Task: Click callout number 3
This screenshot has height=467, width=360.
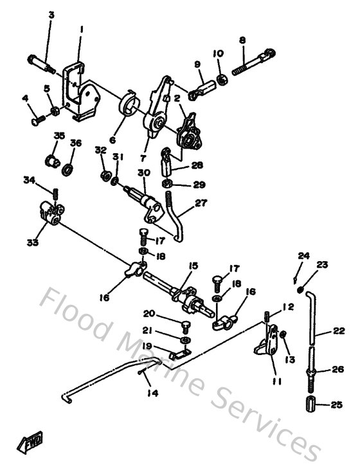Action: click(x=51, y=14)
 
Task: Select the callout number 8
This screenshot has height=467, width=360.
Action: click(x=242, y=40)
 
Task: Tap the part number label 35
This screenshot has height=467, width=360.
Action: click(x=59, y=136)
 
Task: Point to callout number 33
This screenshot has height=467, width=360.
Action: click(x=32, y=243)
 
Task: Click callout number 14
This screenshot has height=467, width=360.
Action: click(x=151, y=393)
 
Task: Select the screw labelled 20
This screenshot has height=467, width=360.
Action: click(x=184, y=325)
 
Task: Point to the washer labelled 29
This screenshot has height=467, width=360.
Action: click(x=168, y=185)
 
